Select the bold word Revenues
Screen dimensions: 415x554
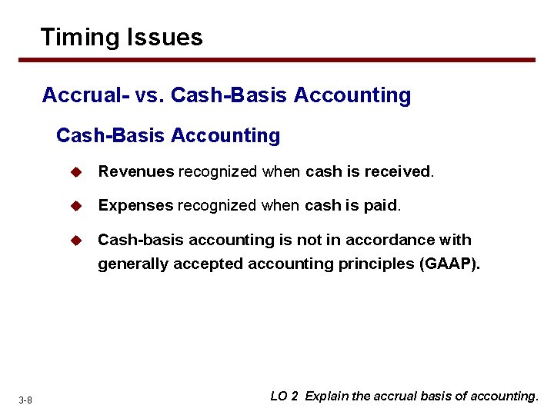click(x=136, y=171)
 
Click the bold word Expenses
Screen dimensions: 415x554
click(x=136, y=205)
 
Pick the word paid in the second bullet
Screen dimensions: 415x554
click(x=383, y=205)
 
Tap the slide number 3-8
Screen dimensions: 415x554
click(x=25, y=400)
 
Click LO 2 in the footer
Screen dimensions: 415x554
click(x=284, y=397)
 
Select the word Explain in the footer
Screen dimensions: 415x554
click(x=326, y=397)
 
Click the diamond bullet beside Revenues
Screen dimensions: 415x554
click(x=75, y=172)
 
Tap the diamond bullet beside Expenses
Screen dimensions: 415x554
click(x=75, y=206)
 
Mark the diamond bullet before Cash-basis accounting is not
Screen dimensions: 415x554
click(x=75, y=241)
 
